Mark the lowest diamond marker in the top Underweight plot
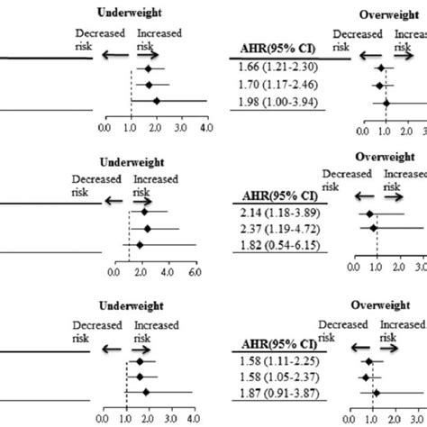click(x=157, y=102)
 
